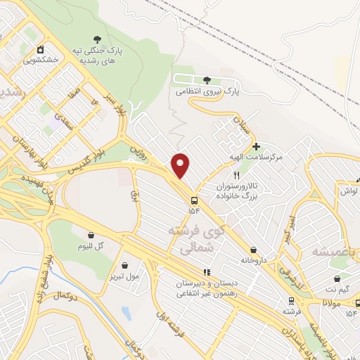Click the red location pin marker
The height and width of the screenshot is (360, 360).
[x=181, y=165]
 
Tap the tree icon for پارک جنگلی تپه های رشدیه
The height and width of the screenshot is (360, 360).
[x=97, y=40]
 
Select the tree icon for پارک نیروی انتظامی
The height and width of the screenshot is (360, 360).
[x=206, y=80]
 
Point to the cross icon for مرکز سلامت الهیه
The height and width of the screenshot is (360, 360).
[x=256, y=146]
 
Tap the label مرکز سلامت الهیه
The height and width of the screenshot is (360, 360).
[x=259, y=157]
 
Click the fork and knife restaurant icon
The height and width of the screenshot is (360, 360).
[x=237, y=176]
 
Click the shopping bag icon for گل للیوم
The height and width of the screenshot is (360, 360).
[x=91, y=235]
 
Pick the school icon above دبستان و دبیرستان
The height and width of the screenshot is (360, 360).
[x=207, y=271]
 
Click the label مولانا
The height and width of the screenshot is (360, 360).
[x=332, y=301]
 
